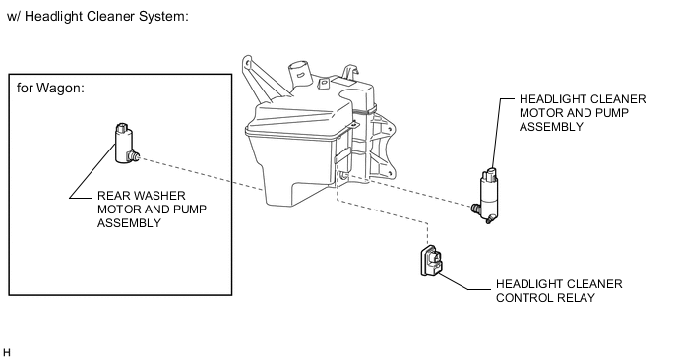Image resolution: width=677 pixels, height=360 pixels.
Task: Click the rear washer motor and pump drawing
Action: (125, 144)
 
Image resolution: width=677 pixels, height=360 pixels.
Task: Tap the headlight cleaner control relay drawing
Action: (431, 261)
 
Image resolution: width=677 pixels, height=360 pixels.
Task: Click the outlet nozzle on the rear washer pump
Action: (134, 155)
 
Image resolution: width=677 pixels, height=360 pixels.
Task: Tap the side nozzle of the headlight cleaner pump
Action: (476, 209)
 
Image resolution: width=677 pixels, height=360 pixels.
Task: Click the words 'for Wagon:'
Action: (50, 89)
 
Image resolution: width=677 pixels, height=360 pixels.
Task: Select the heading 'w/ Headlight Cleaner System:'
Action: (98, 17)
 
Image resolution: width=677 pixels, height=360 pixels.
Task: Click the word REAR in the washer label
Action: (112, 196)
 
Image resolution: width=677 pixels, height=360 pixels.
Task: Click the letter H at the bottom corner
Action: (7, 353)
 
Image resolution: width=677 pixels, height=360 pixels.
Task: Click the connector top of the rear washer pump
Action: (122, 128)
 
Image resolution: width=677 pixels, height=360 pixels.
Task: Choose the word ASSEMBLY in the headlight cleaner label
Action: (551, 127)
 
